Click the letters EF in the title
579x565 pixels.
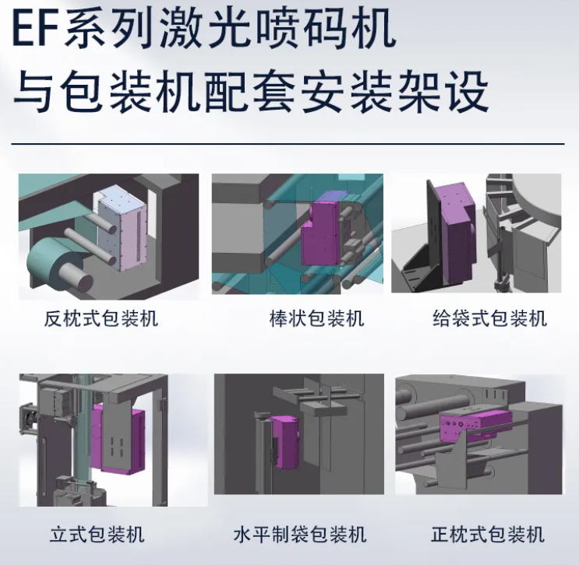(36, 30)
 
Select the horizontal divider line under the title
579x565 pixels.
(289, 144)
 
